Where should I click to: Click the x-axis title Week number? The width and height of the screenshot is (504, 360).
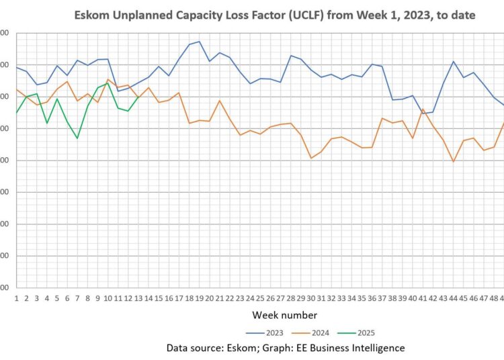pos(285,315)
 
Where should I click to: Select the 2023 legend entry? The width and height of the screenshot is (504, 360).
pos(265,332)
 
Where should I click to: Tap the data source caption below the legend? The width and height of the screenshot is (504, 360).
pos(286,347)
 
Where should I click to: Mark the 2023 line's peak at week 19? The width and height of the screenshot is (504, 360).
pos(199,42)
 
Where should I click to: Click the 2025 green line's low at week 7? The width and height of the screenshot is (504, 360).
pos(77,138)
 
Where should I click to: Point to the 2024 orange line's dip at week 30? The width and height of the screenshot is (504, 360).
pos(310,158)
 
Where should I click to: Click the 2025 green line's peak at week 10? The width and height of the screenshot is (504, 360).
pos(108,83)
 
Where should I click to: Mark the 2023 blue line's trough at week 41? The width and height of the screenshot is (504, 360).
pos(423,114)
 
